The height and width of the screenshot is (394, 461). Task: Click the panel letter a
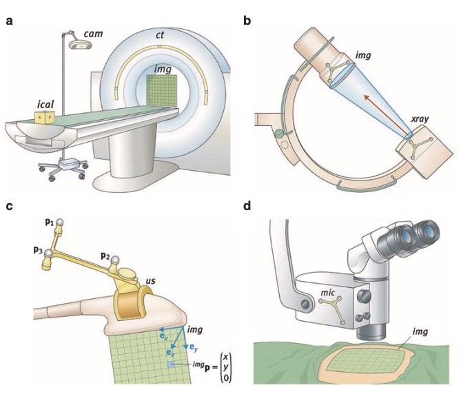coord(10,20)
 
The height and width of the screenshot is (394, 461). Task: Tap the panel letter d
coord(247,205)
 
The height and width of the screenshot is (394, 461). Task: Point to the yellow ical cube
coord(45,118)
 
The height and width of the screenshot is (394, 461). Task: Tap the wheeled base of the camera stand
coord(64,167)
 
